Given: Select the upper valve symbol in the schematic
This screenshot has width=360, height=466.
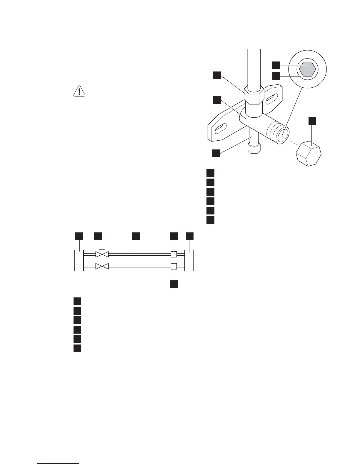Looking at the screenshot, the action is pyautogui.click(x=102, y=254).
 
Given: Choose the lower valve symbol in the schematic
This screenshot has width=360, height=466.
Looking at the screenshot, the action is pyautogui.click(x=102, y=267).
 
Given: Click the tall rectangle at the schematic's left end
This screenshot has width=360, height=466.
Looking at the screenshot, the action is pyautogui.click(x=79, y=260).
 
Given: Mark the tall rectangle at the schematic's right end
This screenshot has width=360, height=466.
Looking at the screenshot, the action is pyautogui.click(x=189, y=260).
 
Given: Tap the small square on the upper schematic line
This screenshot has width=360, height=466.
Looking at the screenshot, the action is pyautogui.click(x=174, y=254).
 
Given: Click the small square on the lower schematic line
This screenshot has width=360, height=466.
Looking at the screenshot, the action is pyautogui.click(x=174, y=267).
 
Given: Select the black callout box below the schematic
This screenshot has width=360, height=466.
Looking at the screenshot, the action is pyautogui.click(x=174, y=284).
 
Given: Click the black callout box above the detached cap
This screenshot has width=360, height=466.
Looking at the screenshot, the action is pyautogui.click(x=312, y=121).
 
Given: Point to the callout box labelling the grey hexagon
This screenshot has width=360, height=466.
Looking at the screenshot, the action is pyautogui.click(x=276, y=65).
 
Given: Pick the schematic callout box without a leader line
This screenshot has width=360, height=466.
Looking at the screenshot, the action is pyautogui.click(x=136, y=236).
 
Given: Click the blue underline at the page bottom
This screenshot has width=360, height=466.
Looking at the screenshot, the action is pyautogui.click(x=59, y=463).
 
